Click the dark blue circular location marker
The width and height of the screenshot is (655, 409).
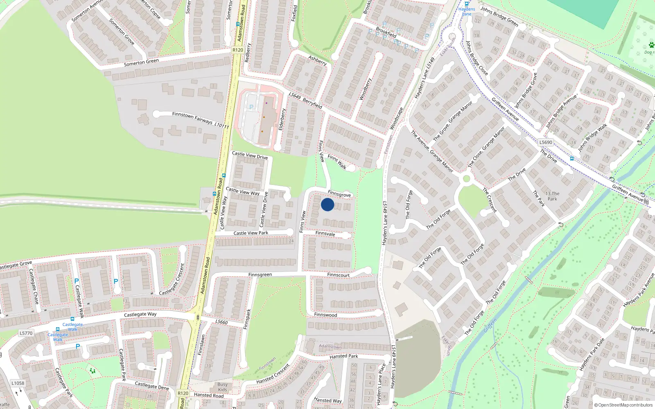[x=327, y=204]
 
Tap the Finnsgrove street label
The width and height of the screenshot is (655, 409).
[x=339, y=194]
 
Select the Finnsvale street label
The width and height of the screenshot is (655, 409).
[x=325, y=234]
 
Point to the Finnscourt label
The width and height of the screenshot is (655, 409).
[x=338, y=275]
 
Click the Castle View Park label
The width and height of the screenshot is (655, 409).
[x=251, y=233]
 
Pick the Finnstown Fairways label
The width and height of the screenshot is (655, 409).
[x=192, y=118]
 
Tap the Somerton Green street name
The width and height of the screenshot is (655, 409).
[x=141, y=62]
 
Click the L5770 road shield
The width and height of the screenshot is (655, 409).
[x=26, y=333]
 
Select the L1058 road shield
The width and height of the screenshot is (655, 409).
[x=18, y=383]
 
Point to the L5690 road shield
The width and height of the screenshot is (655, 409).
[x=545, y=142]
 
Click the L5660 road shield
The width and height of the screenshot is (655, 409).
[x=221, y=322]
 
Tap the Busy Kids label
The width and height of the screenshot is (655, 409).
[x=222, y=387]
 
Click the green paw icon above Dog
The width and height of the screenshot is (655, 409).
[x=651, y=45]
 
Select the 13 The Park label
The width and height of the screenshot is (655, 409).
[x=552, y=196]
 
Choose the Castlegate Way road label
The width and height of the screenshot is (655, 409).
[x=140, y=315]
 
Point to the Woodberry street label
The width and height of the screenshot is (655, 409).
[x=365, y=89]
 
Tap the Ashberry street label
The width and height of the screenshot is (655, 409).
[x=317, y=61]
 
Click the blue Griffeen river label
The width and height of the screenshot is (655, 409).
[x=490, y=326]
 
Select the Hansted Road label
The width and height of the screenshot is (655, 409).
[x=208, y=395]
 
